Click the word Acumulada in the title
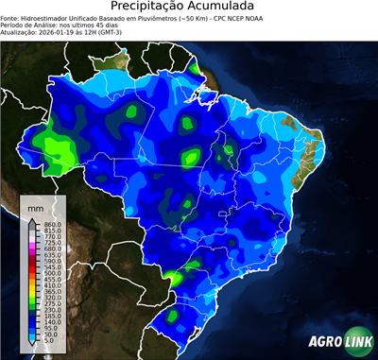pyautogui.click(x=224, y=8)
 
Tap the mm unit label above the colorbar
pyautogui.click(x=36, y=206)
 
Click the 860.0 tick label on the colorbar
pyautogui.click(x=52, y=223)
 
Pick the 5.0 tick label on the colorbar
pyautogui.click(x=50, y=342)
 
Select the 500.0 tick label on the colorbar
pyautogui.click(x=52, y=272)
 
